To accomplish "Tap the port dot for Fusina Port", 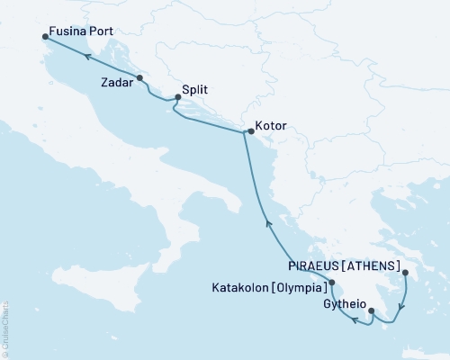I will [46, 37].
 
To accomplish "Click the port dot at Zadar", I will [139, 77].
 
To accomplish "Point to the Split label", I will [196, 91].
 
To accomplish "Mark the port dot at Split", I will [177, 98].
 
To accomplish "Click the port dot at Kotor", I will [250, 132].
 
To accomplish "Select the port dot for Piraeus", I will [405, 274].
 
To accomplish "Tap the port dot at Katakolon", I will [332, 283].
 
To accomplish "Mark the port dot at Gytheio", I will [372, 311].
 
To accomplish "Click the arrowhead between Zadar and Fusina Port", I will [89, 56].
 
